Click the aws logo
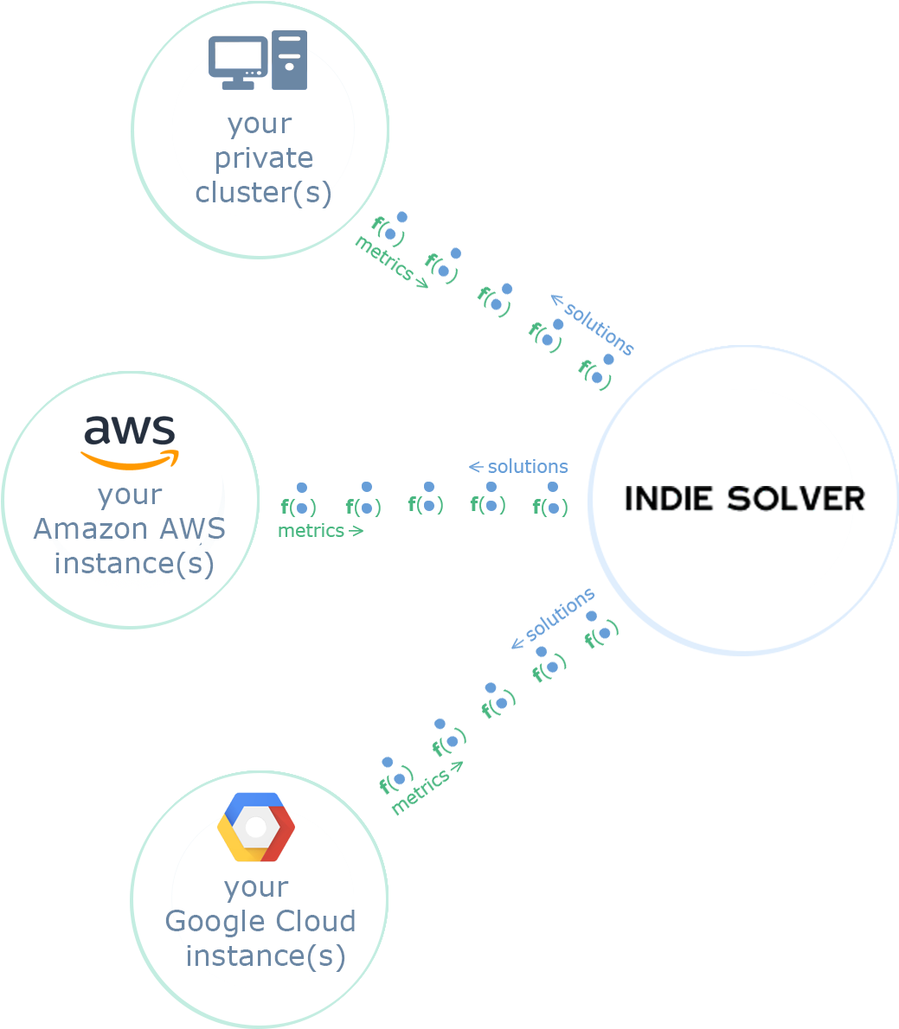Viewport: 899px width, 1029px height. (x=130, y=442)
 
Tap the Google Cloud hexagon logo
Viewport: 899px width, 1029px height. (x=256, y=827)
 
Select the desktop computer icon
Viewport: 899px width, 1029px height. (x=258, y=60)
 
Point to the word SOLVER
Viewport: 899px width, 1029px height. (x=796, y=499)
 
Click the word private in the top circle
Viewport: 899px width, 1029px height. (x=264, y=159)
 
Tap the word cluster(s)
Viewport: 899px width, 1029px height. (x=263, y=193)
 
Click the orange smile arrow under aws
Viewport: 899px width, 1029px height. (x=130, y=462)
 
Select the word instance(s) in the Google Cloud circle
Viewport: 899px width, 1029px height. (x=266, y=956)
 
